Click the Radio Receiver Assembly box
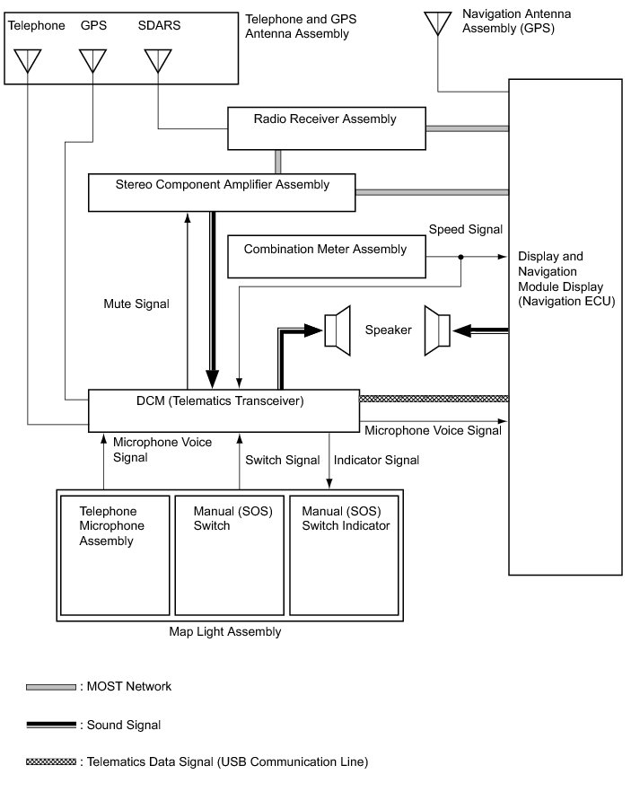coord(325,128)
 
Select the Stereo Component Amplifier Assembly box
coord(223,193)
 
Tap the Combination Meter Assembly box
coord(326,257)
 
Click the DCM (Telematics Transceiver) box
coord(223,410)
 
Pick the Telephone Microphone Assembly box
coord(115,555)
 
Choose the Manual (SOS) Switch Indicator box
coord(346,555)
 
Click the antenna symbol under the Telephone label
coord(28,61)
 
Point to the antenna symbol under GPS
coord(92,61)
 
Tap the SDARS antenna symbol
coord(158,61)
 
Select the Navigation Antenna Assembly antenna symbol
coord(438,22)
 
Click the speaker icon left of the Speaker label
coord(338,330)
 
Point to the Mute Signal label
coord(136,304)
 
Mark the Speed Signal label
coord(465,230)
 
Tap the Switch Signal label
coord(283,460)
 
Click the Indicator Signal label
coord(376,460)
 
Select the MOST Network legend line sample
coord(51,687)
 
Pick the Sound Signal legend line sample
coord(51,725)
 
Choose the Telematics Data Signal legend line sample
coord(51,762)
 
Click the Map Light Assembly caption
coord(225,631)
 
